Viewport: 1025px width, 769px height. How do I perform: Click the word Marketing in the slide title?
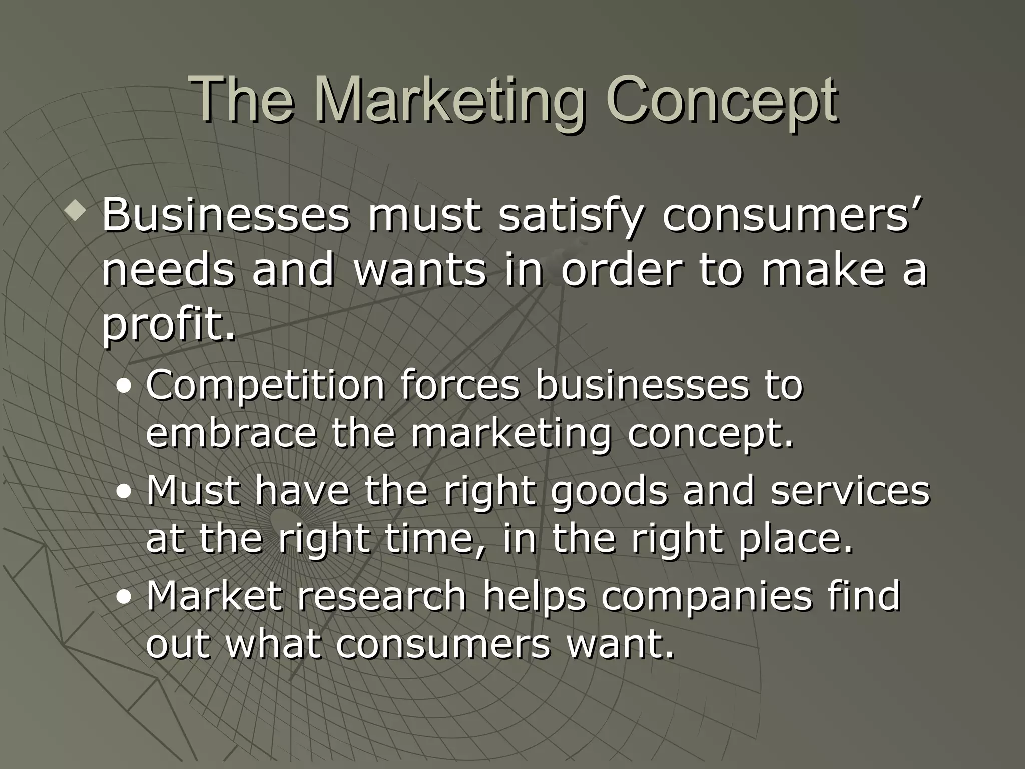click(450, 100)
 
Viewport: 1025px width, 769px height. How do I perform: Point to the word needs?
click(168, 270)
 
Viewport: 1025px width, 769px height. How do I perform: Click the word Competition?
click(265, 386)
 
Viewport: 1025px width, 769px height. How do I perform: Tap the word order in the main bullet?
click(621, 270)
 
